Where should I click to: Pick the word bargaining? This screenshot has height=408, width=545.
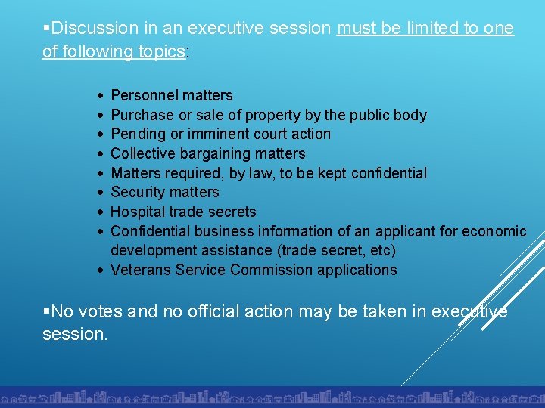click(216, 153)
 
